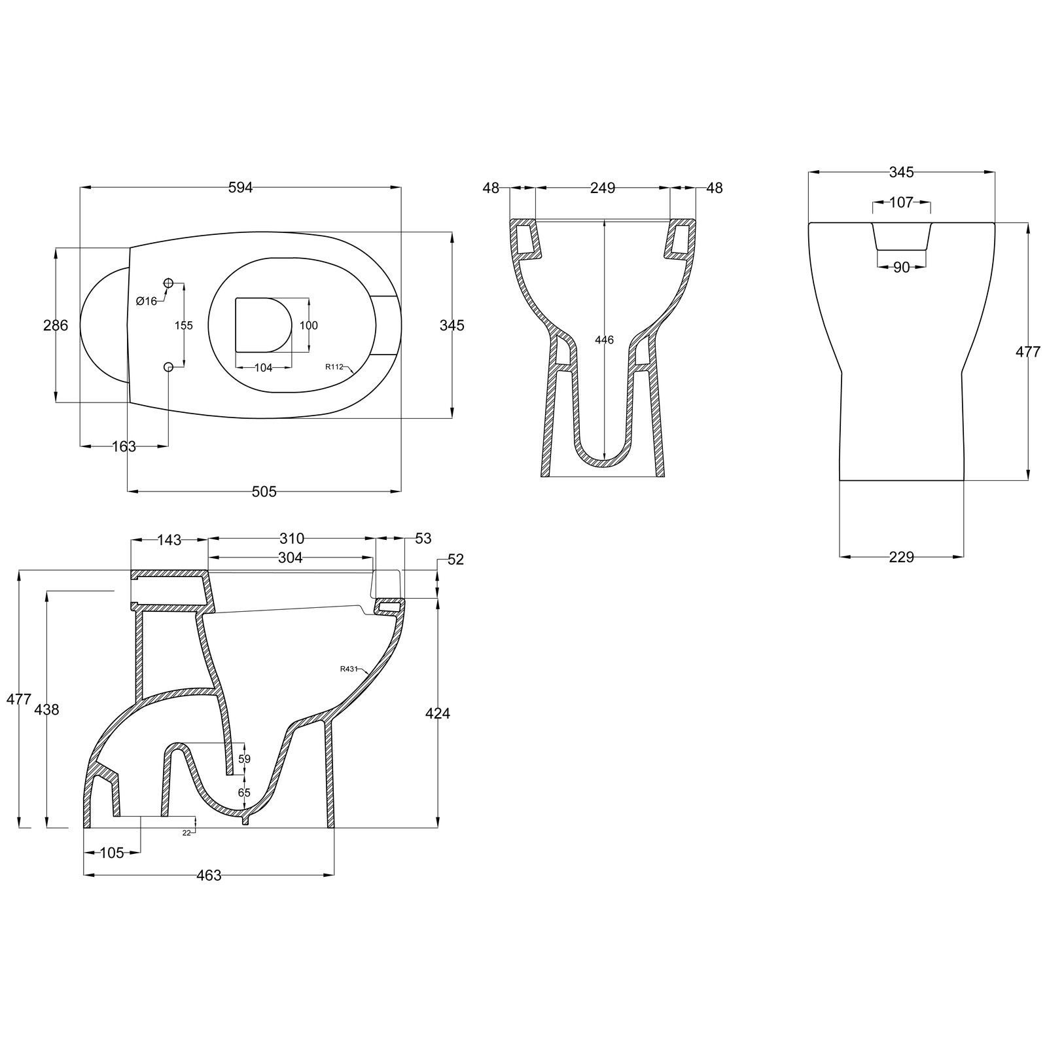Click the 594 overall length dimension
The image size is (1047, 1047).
coord(240,188)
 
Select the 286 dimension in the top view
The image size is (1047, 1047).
coord(56,325)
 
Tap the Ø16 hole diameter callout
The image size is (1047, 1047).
coord(147,301)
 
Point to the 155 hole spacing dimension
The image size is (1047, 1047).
coord(185,325)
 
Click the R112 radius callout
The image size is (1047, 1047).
coord(334,366)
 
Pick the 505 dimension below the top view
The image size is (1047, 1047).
coord(264,491)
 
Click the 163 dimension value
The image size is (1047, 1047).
coord(124,446)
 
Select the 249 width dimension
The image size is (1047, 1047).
coord(603,188)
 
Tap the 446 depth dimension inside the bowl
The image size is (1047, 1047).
coord(605,340)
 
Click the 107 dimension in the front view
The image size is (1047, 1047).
coord(901,203)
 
